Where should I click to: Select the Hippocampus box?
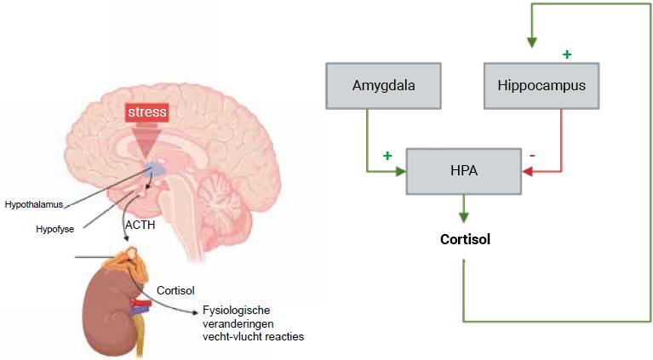point(541,85)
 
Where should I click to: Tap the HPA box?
point(463,171)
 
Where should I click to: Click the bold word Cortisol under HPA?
point(465,239)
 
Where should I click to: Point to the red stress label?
point(147,111)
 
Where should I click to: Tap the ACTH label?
point(139,225)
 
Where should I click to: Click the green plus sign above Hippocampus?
point(567,54)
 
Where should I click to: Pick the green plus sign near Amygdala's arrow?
point(387,156)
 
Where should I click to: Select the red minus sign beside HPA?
point(532,156)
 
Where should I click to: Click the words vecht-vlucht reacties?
point(253,336)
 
